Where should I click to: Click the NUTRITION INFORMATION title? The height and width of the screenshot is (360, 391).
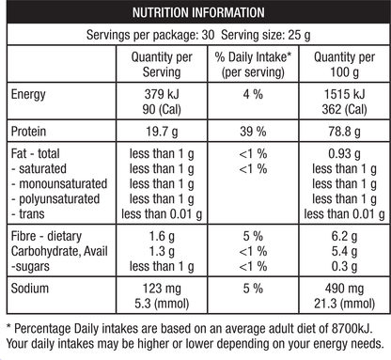tap(196, 13)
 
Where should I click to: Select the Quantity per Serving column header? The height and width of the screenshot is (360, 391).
tap(157, 64)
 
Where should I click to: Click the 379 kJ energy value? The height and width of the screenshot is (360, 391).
tap(157, 94)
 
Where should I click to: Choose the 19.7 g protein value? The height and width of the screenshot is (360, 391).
tap(157, 132)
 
